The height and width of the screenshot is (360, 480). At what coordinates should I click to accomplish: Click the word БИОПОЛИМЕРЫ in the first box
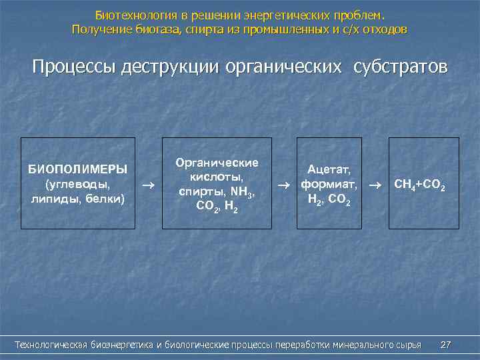pyautogui.click(x=77, y=168)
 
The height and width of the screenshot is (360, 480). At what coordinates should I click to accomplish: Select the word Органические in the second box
pyautogui.click(x=217, y=163)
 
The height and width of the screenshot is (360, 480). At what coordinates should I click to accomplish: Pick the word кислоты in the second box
pyautogui.click(x=217, y=177)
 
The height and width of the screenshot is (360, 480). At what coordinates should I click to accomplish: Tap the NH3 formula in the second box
pyautogui.click(x=241, y=192)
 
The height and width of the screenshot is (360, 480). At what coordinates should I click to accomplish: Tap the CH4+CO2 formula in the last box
pyautogui.click(x=420, y=184)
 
